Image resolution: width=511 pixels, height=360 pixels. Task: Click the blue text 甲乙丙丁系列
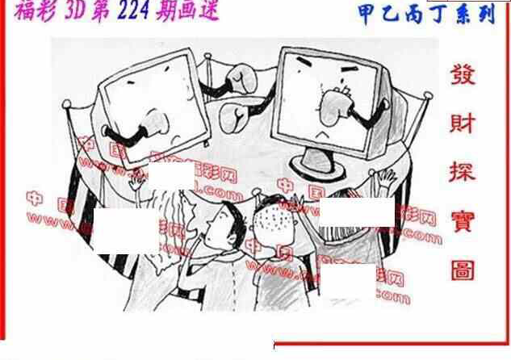(425, 14)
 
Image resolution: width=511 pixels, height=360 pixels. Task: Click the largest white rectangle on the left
(126, 229)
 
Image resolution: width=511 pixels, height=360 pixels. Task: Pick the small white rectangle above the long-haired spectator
(167, 174)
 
